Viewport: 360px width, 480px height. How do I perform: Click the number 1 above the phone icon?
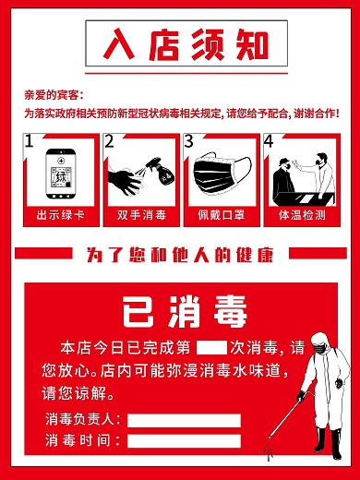(29, 141)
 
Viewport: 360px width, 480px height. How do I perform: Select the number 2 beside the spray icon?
(110, 141)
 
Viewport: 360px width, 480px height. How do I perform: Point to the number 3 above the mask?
(189, 141)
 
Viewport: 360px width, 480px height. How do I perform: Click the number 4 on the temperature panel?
(269, 141)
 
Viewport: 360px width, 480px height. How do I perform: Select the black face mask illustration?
(221, 174)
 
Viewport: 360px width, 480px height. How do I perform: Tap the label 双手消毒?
(140, 215)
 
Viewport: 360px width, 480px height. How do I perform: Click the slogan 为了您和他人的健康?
(180, 254)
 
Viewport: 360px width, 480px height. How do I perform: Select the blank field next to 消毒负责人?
(184, 420)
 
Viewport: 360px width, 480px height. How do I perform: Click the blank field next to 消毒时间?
(184, 440)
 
